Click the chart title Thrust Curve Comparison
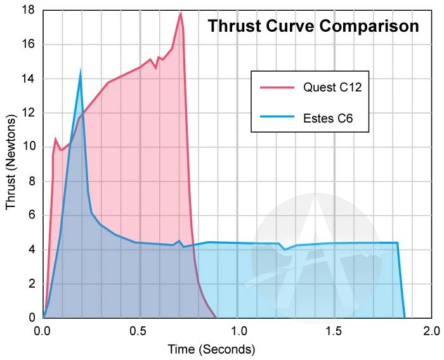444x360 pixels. click(313, 27)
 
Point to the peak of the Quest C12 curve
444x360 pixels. click(181, 13)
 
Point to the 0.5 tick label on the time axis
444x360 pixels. click(140, 331)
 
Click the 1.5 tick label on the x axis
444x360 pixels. click(334, 331)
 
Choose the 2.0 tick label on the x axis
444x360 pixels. click(431, 331)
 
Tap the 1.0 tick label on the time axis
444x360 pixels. click(237, 331)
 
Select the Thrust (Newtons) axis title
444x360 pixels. click(11, 164)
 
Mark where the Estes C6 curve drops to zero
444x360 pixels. click(405, 317)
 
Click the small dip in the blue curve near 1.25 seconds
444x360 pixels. click(284, 250)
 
